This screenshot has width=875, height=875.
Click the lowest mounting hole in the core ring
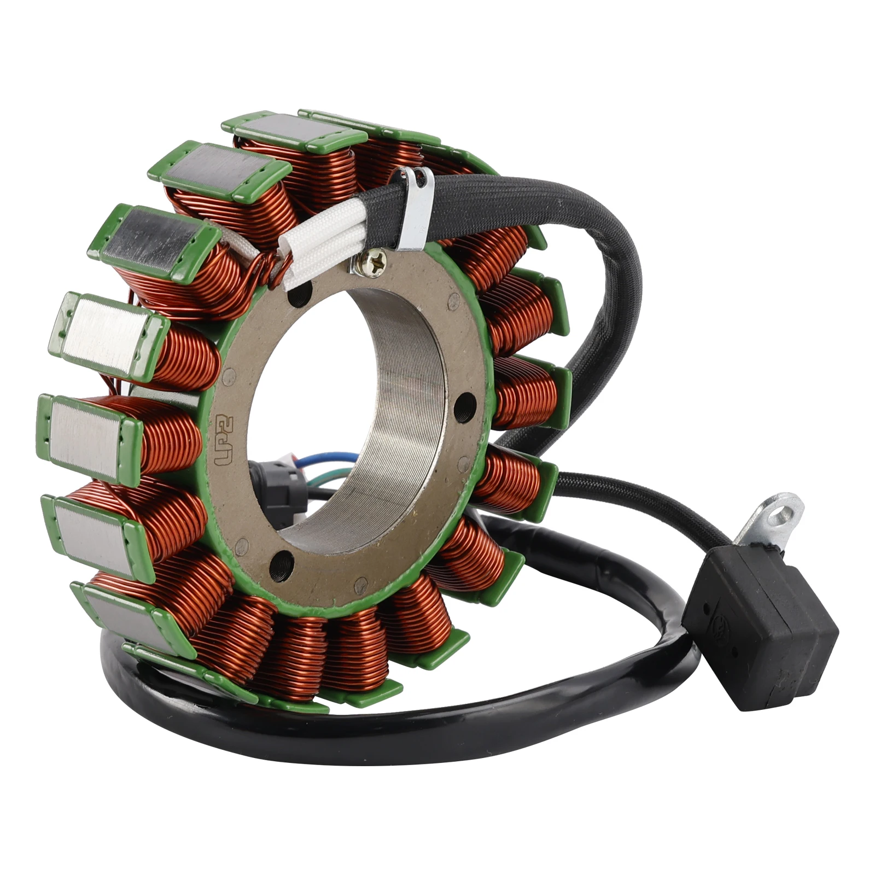pos(282,559)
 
